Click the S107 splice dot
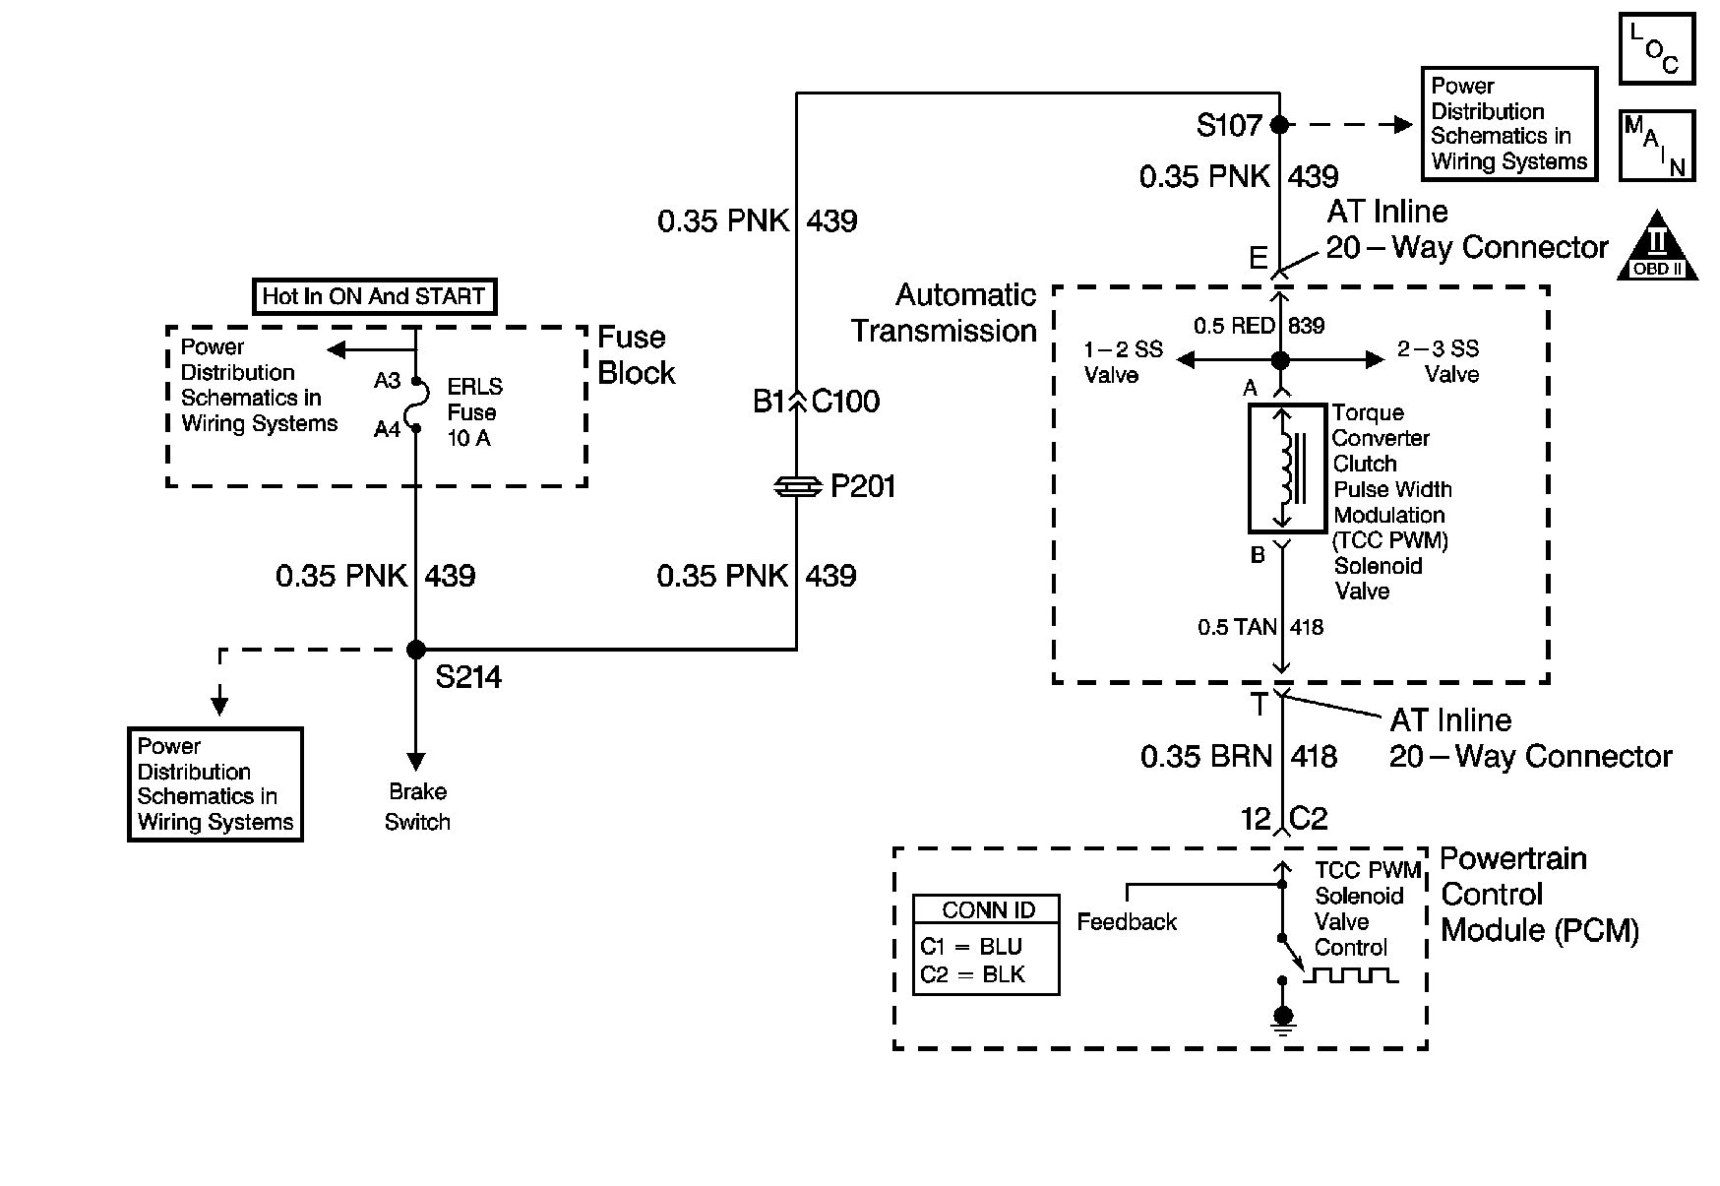(1279, 125)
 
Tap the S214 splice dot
(416, 650)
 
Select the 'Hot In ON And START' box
(373, 296)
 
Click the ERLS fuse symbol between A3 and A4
(417, 405)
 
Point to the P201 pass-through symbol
(796, 485)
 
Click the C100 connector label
(845, 402)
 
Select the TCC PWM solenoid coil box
(1284, 468)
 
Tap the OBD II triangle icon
(1657, 246)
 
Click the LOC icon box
(1656, 47)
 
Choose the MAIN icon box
(1657, 146)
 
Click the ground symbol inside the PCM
(1282, 1020)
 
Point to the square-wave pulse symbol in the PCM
(1350, 975)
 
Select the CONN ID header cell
(987, 909)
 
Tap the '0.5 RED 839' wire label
(1259, 326)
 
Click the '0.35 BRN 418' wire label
(1238, 756)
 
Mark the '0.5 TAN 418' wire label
(1259, 627)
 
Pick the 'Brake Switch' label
(417, 806)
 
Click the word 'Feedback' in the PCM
(1127, 922)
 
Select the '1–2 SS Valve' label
(1123, 361)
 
